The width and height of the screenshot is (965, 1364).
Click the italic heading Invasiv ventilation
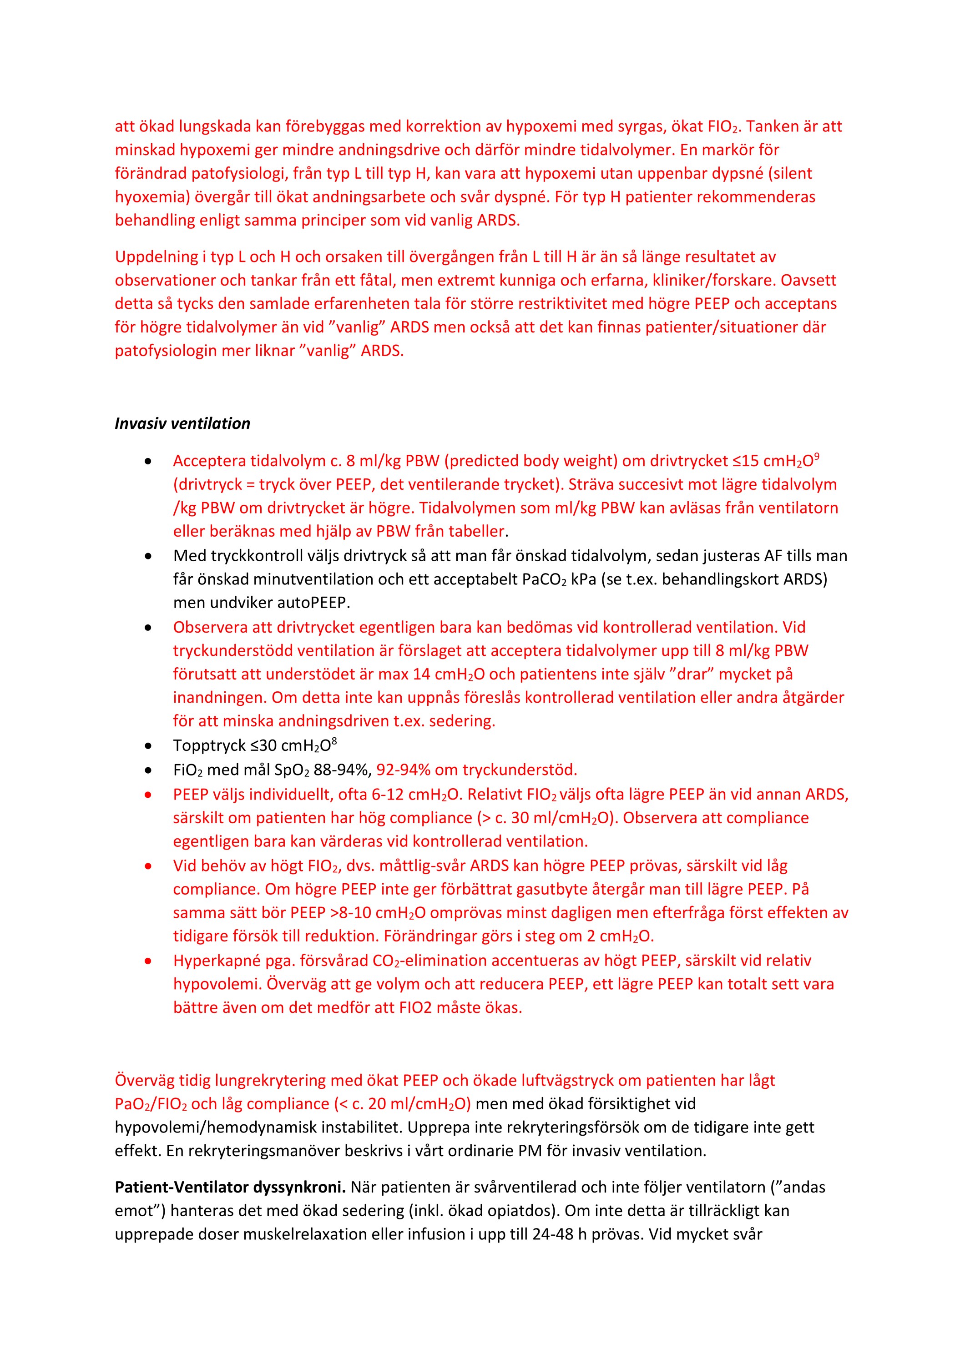[x=182, y=423]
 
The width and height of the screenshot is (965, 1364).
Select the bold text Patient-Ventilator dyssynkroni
[x=230, y=1187]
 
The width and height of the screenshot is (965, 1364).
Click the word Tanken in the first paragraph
[x=772, y=126]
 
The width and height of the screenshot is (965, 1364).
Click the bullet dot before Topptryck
[x=148, y=746]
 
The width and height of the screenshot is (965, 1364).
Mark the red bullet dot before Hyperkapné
[x=148, y=961]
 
